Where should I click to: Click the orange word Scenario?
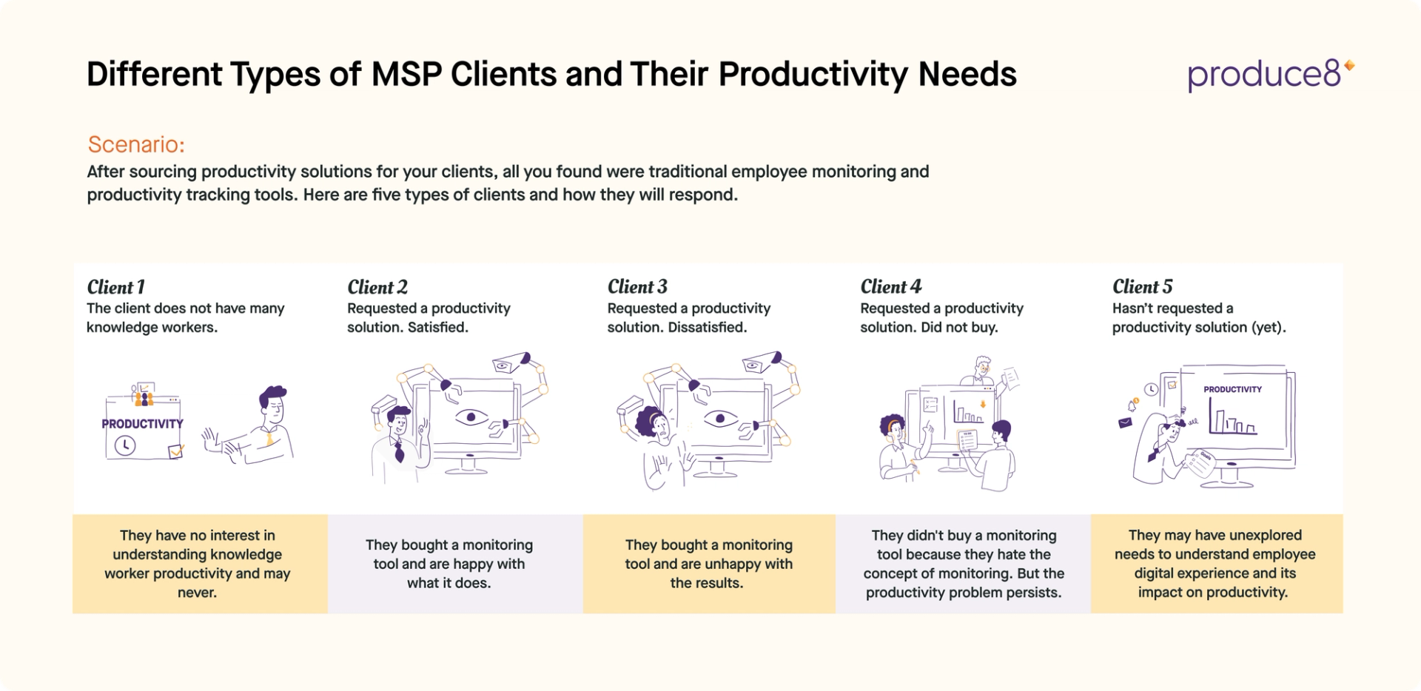135,144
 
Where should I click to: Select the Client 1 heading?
116,287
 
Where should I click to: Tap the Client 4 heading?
890,287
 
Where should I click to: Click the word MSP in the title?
406,75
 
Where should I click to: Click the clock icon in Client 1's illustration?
125,445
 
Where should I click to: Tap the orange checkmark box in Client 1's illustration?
176,451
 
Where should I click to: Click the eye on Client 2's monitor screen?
471,418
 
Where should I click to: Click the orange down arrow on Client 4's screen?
983,404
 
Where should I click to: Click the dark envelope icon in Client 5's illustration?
1125,423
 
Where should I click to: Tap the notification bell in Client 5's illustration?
1132,405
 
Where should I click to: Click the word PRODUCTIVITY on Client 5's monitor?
1232,389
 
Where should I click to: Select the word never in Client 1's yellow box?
197,593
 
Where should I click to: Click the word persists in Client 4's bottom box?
1035,593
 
